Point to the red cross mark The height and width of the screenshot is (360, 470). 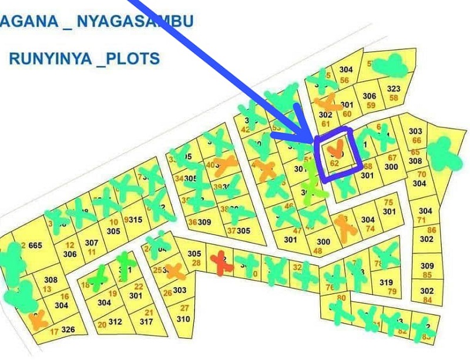pyautogui.click(x=221, y=261)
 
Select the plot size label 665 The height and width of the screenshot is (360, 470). pyautogui.click(x=35, y=245)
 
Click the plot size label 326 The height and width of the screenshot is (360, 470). pyautogui.click(x=69, y=329)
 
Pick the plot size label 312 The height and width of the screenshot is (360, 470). pyautogui.click(x=115, y=321)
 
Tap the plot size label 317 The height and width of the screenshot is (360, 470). pyautogui.click(x=146, y=321)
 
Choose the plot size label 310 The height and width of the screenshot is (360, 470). pyautogui.click(x=183, y=319)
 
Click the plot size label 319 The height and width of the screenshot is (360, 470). pyautogui.click(x=385, y=282)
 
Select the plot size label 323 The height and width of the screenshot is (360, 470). pyautogui.click(x=393, y=89)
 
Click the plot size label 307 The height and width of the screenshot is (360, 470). pyautogui.click(x=91, y=243)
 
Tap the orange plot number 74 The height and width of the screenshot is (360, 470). pyautogui.click(x=370, y=228)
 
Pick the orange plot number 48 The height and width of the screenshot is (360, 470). pyautogui.click(x=318, y=251)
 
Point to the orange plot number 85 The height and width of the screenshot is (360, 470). pyautogui.click(x=427, y=275)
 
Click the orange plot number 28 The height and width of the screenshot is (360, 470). pyautogui.click(x=196, y=262)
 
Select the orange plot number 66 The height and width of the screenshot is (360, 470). pyautogui.click(x=416, y=140)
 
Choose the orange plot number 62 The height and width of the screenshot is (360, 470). pyautogui.click(x=335, y=164)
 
